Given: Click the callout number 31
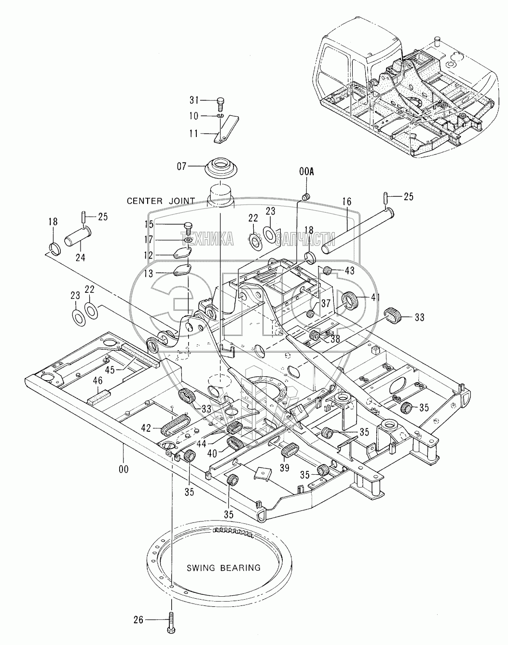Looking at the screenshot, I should [x=193, y=100].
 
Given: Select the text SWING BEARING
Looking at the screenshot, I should [x=223, y=568].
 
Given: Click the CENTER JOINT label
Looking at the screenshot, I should [x=161, y=201].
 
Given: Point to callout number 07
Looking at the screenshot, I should [x=181, y=166].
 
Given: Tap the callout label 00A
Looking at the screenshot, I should [x=306, y=172].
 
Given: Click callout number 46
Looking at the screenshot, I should [x=98, y=381].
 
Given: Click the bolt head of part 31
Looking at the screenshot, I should [x=220, y=101].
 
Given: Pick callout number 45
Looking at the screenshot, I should [x=110, y=370].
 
